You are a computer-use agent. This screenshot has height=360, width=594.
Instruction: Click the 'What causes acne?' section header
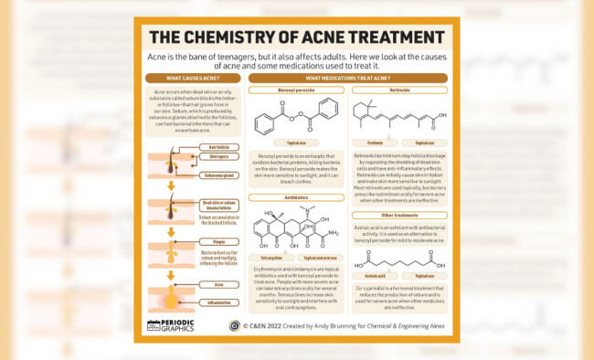[192, 78]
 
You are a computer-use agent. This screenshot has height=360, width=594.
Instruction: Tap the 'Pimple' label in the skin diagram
[219, 241]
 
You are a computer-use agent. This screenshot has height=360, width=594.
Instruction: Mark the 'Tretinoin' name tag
[374, 143]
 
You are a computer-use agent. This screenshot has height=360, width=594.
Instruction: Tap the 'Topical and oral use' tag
[319, 259]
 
